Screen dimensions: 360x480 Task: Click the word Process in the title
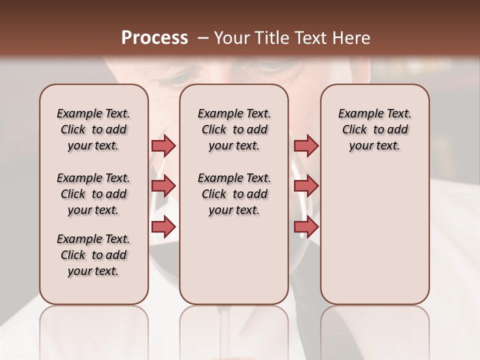[154, 37]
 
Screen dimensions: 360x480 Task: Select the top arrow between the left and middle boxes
[163, 145]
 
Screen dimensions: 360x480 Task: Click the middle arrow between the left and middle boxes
[163, 186]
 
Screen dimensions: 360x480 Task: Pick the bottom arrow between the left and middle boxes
[163, 227]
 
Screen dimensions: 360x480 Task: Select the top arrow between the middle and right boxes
[306, 145]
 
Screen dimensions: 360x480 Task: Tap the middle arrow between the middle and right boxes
[306, 186]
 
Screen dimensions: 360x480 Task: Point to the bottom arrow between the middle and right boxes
[306, 227]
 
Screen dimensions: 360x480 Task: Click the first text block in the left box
[93, 129]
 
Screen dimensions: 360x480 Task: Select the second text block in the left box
[93, 194]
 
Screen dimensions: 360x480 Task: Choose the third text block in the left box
[93, 255]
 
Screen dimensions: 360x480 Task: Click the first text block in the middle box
[234, 129]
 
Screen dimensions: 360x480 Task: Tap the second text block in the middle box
[234, 194]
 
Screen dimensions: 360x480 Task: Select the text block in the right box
[374, 129]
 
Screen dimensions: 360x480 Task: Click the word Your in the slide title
[231, 37]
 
